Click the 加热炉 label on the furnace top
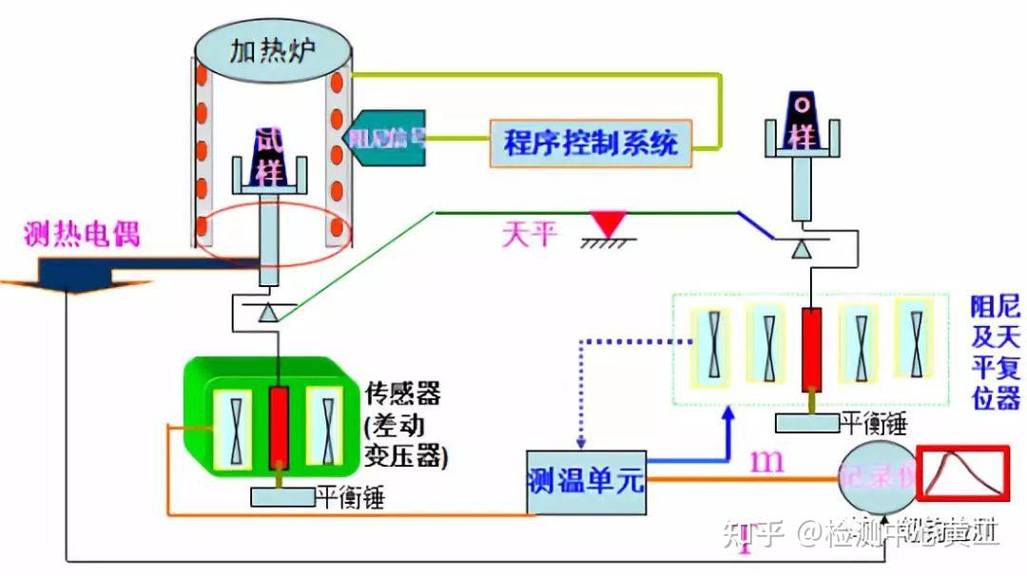(x=274, y=51)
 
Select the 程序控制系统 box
(x=591, y=144)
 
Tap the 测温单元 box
(x=584, y=481)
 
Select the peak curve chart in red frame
(x=960, y=472)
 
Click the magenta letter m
(x=768, y=462)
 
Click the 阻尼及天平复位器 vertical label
(x=995, y=353)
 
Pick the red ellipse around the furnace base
(x=277, y=236)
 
